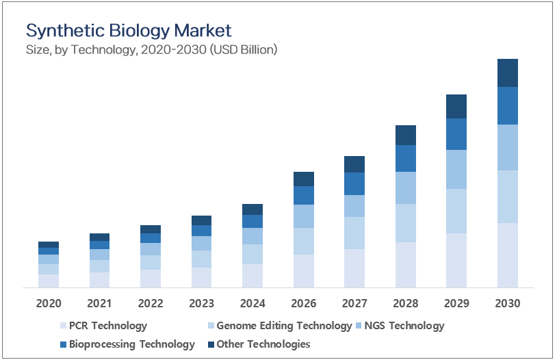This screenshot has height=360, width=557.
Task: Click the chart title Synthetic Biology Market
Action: coord(129,31)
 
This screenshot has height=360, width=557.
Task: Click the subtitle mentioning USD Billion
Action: coord(151,49)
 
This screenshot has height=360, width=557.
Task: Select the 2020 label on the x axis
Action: coord(49,303)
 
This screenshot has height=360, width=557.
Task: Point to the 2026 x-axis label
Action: coord(304,303)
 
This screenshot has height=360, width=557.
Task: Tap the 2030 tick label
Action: coord(508,303)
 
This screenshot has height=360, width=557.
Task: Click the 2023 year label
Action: coord(201,303)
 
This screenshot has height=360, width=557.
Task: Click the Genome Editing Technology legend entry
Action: coord(283,326)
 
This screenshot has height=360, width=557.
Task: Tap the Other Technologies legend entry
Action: coord(263,344)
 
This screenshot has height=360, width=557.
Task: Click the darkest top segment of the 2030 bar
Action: coord(508,73)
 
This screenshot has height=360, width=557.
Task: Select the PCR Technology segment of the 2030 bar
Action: coord(508,255)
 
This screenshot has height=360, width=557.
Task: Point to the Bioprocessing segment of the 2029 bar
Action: coord(456,134)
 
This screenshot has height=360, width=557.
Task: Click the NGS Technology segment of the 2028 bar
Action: coord(406,188)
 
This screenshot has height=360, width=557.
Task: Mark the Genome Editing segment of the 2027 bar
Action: coord(354,233)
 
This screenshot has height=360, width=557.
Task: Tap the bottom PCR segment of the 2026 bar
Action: coord(304,270)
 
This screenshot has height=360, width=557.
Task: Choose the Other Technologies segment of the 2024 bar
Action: coord(252,209)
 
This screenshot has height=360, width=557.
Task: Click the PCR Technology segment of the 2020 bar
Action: coord(49,281)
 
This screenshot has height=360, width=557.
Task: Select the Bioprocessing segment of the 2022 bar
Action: coord(151,238)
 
